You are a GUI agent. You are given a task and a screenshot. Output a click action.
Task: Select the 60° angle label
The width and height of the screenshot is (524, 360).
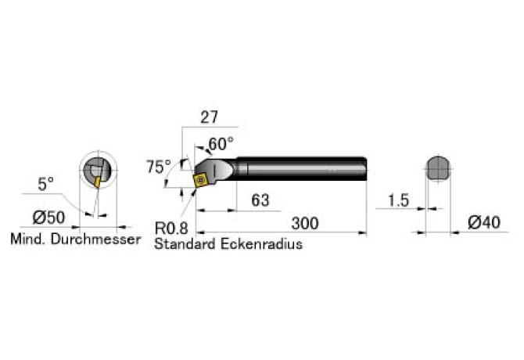click(221, 144)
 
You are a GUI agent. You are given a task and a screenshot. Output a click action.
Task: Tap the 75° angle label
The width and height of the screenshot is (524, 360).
click(158, 167)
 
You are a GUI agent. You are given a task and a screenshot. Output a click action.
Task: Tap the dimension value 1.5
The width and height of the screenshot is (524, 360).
click(397, 200)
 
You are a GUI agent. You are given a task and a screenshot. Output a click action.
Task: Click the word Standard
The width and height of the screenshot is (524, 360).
click(184, 243)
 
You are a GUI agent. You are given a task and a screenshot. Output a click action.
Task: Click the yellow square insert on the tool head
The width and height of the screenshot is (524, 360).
click(201, 181)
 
